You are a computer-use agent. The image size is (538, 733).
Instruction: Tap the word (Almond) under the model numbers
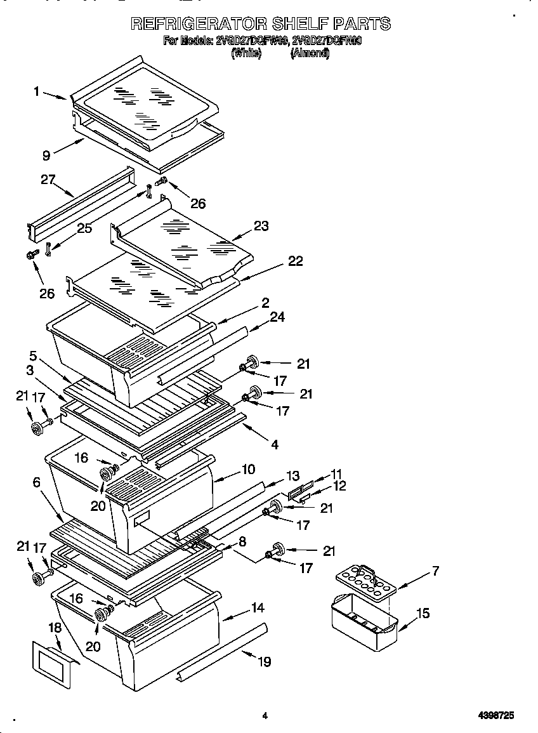click(x=310, y=54)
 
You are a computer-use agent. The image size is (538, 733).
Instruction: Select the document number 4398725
click(x=495, y=715)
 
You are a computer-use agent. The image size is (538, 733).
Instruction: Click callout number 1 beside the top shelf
click(x=37, y=91)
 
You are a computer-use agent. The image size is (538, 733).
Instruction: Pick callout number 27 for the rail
click(x=48, y=180)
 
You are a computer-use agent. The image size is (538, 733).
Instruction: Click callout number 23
click(x=261, y=225)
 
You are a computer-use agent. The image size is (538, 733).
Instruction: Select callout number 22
click(x=295, y=261)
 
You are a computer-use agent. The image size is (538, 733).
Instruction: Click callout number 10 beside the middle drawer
click(x=247, y=470)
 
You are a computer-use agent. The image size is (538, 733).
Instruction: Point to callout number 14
click(x=257, y=607)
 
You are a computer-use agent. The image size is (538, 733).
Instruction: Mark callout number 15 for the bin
click(x=423, y=613)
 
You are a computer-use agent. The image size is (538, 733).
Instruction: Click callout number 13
click(x=292, y=476)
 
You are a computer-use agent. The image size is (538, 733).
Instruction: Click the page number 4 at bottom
click(x=265, y=716)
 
